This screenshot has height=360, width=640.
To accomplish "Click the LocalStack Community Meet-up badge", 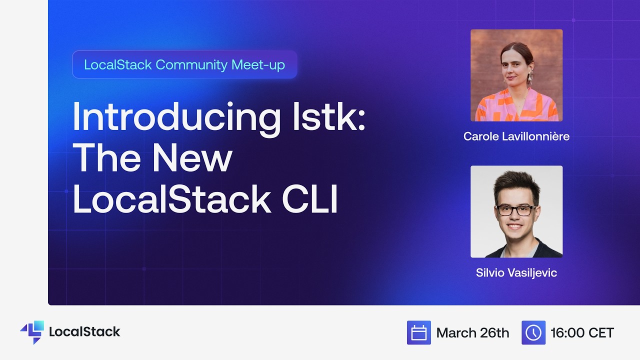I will pyautogui.click(x=184, y=64).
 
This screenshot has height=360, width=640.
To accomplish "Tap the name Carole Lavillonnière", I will pyautogui.click(x=516, y=136).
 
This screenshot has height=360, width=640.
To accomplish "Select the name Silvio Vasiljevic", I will pyautogui.click(x=516, y=273).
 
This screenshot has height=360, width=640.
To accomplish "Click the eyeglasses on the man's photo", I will pyautogui.click(x=515, y=210).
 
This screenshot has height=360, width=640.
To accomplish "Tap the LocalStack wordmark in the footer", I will pyautogui.click(x=84, y=331).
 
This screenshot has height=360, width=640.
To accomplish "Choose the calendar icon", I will pyautogui.click(x=418, y=332).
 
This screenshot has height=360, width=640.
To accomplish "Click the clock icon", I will pyautogui.click(x=533, y=332).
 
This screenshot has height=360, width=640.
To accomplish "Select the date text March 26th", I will pyautogui.click(x=472, y=332).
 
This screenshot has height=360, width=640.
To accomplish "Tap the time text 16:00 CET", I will pyautogui.click(x=582, y=332).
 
